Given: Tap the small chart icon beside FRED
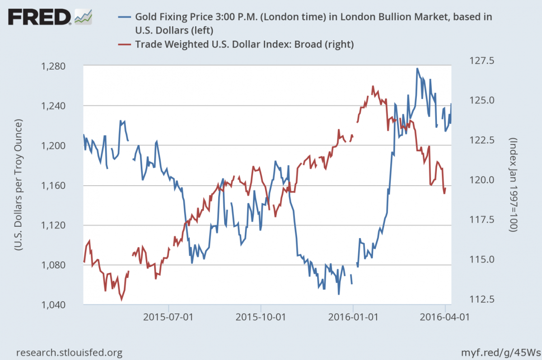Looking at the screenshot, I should click(x=83, y=17).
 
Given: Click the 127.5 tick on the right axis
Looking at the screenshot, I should click(x=482, y=61).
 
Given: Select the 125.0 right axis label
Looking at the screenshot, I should click(x=482, y=100).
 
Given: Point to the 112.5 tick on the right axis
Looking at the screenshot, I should click(x=482, y=299).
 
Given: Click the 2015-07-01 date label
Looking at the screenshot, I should click(x=168, y=317).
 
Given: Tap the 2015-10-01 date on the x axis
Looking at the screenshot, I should click(x=261, y=317).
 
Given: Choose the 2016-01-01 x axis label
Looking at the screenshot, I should click(x=353, y=317).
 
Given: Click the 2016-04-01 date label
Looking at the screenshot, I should click(x=445, y=317).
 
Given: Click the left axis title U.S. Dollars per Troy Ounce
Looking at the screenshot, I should click(x=18, y=185).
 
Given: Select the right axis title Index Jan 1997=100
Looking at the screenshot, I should click(x=513, y=185).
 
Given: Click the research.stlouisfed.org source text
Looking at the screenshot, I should click(x=69, y=352).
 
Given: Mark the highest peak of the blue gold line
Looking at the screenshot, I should click(x=417, y=69).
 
